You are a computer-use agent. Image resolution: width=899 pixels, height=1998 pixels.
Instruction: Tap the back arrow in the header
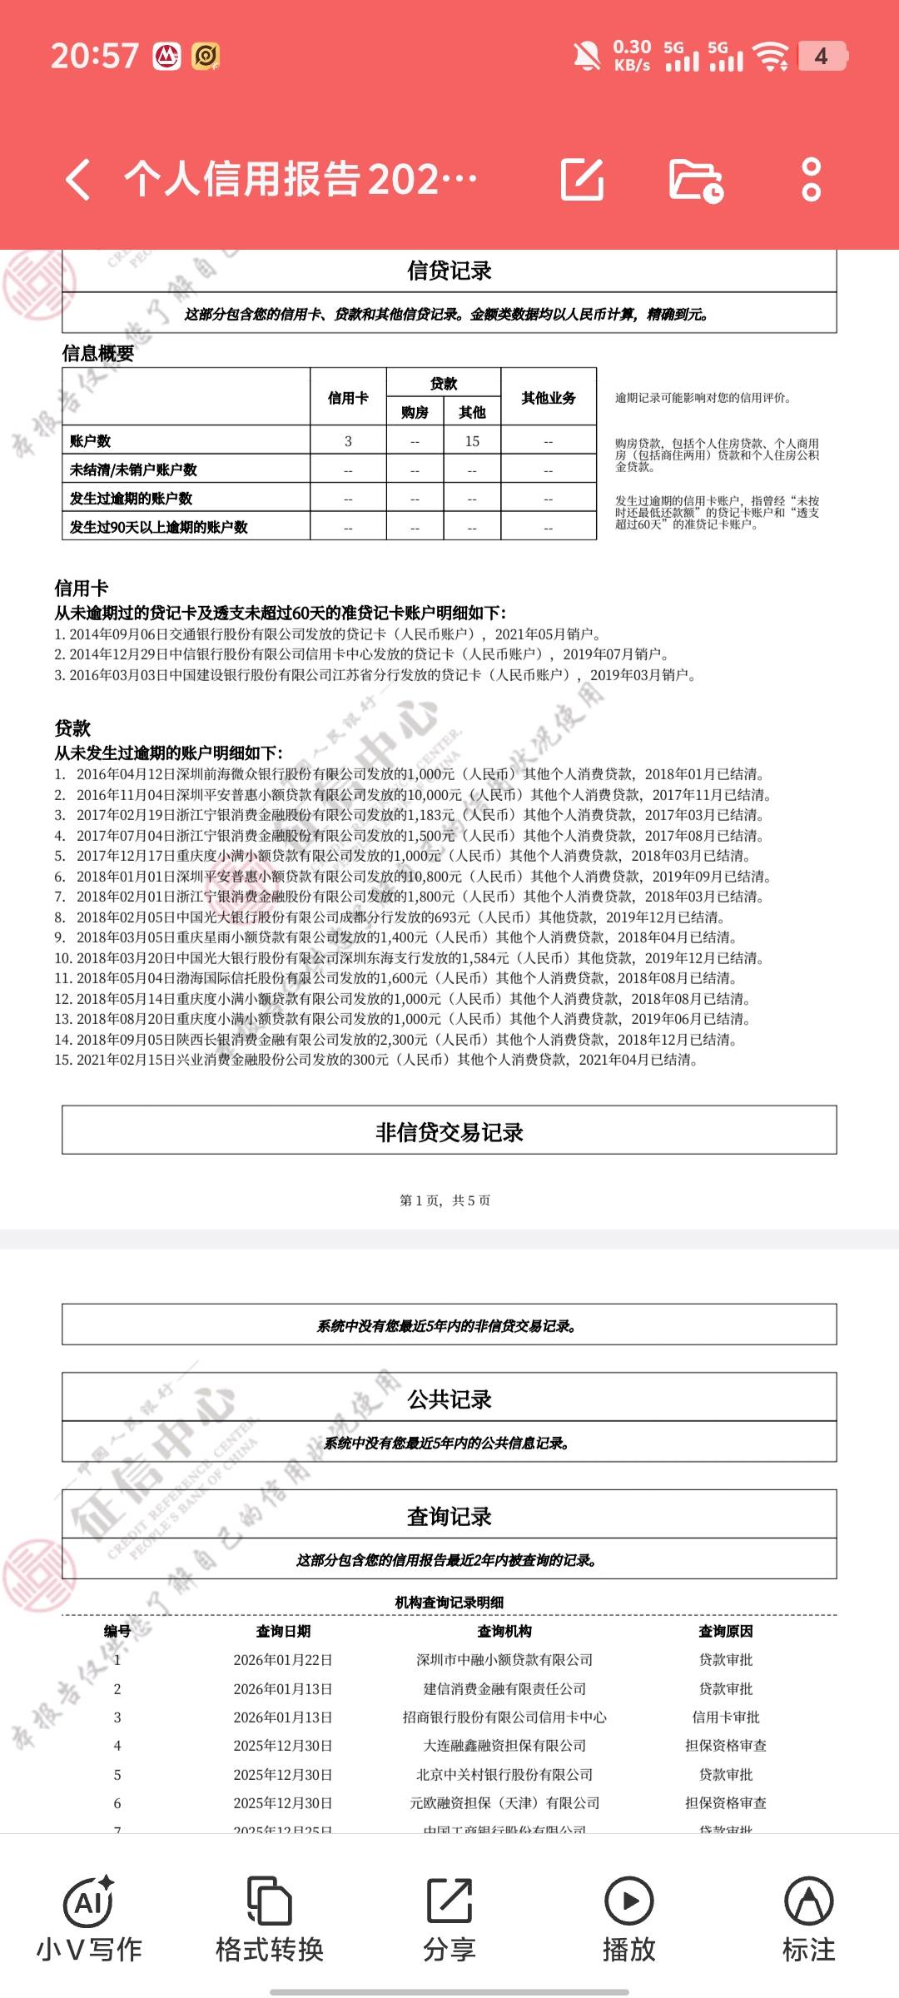(x=78, y=179)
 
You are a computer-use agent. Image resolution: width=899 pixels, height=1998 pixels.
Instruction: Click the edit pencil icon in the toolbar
(x=582, y=178)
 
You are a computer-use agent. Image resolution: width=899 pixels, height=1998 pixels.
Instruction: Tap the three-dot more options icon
(x=811, y=179)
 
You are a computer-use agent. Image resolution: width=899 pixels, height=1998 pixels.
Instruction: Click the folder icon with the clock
(x=696, y=179)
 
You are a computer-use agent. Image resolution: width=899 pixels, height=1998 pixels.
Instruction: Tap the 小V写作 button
(x=89, y=1918)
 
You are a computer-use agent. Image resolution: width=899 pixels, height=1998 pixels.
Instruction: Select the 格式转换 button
(x=269, y=1918)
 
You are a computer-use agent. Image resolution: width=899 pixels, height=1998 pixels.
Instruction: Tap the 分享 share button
(x=449, y=1918)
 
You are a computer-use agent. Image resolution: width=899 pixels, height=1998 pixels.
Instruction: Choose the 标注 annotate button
(x=808, y=1918)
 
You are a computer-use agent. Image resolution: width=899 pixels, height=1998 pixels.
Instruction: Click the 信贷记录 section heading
(x=449, y=271)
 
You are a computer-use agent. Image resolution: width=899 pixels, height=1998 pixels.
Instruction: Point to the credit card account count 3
(x=348, y=441)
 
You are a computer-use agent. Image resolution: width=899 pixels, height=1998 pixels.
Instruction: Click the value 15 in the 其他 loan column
(x=472, y=441)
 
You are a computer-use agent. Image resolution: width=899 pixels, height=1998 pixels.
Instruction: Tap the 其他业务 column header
(x=548, y=398)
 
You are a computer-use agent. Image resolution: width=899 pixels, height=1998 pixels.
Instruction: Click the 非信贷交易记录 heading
(x=449, y=1132)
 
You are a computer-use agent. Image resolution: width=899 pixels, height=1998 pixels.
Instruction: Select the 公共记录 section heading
(x=449, y=1399)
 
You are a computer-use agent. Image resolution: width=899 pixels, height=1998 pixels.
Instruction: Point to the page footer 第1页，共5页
(x=445, y=1200)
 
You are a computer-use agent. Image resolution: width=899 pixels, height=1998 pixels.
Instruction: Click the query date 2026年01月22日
(x=283, y=1660)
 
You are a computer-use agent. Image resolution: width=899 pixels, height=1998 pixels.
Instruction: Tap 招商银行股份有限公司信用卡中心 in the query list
(x=504, y=1717)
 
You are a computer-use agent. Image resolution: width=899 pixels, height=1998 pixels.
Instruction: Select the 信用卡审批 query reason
(x=726, y=1717)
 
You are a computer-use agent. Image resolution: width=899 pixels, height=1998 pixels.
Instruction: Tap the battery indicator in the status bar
(x=822, y=57)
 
